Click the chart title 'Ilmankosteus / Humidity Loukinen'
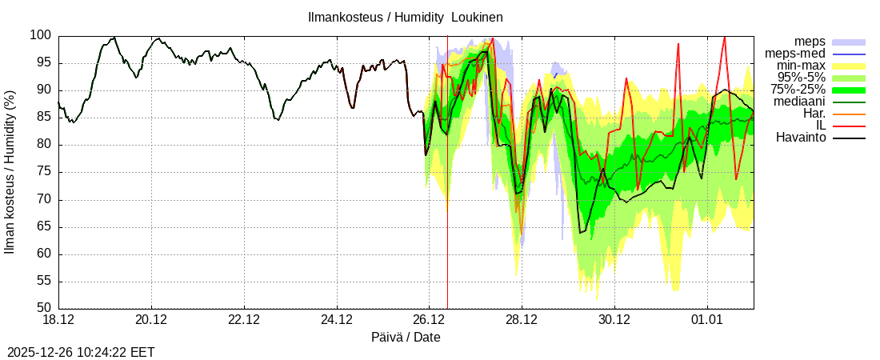point(405,17)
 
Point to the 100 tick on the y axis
point(42,36)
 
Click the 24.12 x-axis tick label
point(337,320)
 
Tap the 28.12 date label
point(522,320)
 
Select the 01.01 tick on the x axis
point(707,320)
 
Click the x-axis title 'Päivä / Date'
point(406,337)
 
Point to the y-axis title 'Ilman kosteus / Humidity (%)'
point(10,172)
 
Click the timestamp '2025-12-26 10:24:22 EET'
point(81,352)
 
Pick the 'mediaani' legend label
point(800,102)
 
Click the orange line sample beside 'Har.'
point(849,114)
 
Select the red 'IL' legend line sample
point(849,126)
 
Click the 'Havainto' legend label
point(801,138)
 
